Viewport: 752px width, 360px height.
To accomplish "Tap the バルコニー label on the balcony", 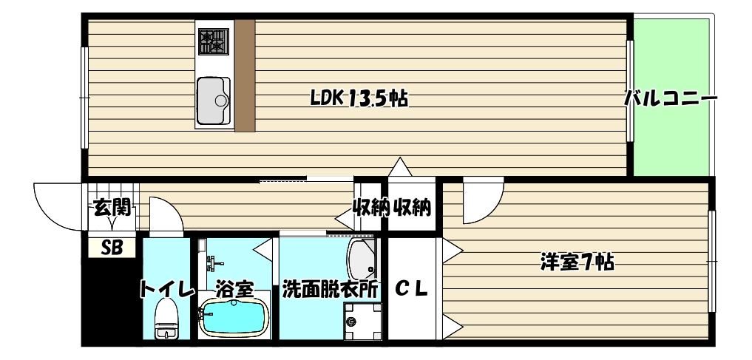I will (670, 98).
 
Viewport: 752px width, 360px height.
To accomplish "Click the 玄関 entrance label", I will (112, 208).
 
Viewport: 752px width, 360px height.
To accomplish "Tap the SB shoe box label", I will (112, 248).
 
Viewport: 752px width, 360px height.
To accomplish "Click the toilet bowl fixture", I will (167, 322).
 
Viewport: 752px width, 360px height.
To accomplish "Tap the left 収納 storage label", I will (370, 208).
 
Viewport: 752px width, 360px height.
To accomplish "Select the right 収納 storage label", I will (412, 208).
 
